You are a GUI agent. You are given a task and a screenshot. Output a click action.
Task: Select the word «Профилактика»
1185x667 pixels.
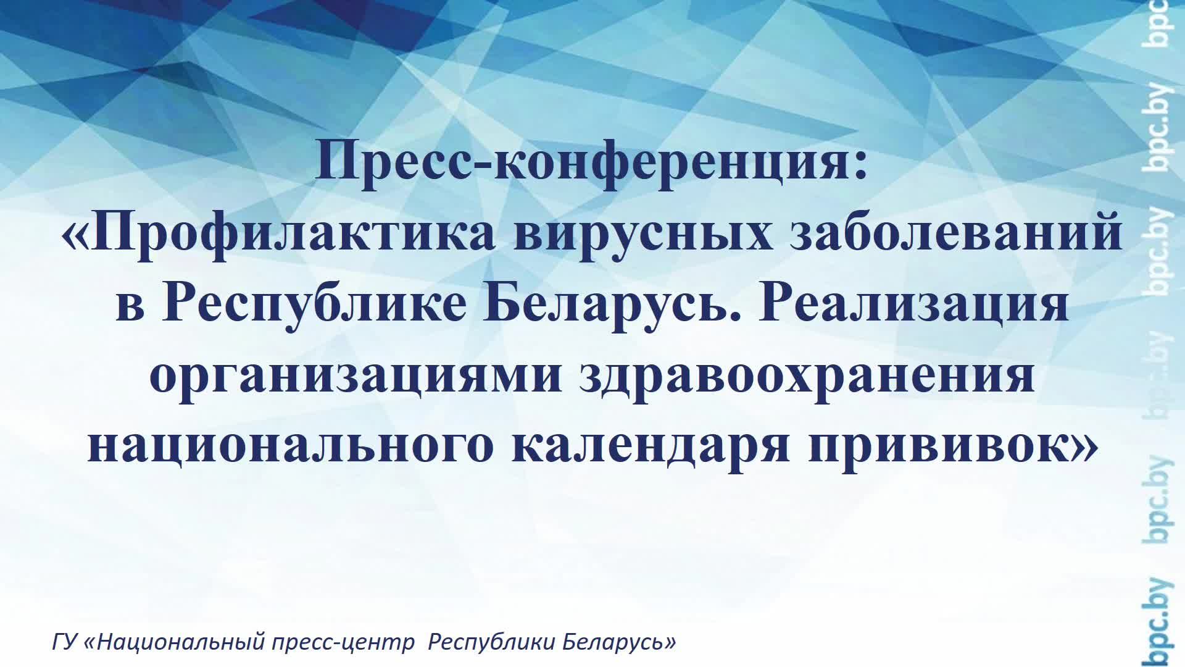[295, 234]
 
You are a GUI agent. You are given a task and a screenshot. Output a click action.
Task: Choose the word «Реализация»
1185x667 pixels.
[914, 304]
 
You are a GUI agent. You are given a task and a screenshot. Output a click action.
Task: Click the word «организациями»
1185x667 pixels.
[355, 375]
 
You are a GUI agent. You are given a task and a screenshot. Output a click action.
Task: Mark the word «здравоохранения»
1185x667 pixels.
[807, 375]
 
